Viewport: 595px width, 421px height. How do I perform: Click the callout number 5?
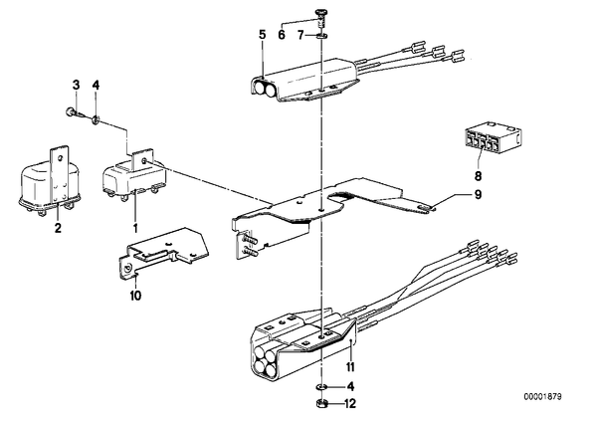[x=263, y=35]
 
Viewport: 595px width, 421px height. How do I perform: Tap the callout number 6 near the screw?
[x=282, y=35]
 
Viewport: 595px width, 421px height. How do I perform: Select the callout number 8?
[x=478, y=176]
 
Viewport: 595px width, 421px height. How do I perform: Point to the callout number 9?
[x=478, y=194]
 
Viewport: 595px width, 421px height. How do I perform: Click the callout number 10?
[x=135, y=296]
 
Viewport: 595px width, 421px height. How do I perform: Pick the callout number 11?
[x=350, y=367]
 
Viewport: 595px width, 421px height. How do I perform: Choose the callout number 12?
[x=350, y=403]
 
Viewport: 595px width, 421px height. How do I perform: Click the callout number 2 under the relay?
[x=58, y=228]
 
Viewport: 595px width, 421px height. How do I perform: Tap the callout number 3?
[x=77, y=85]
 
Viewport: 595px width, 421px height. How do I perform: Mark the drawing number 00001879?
[x=542, y=397]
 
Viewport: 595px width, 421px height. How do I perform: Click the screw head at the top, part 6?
[x=320, y=14]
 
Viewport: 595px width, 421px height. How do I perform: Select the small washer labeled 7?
[x=322, y=36]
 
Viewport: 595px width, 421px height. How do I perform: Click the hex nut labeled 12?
[x=320, y=403]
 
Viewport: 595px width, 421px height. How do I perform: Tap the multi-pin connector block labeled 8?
[x=493, y=139]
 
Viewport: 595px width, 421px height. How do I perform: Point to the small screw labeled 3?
[x=72, y=112]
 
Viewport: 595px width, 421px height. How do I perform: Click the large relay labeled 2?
[x=50, y=181]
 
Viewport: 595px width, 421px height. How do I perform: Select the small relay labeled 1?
[x=134, y=175]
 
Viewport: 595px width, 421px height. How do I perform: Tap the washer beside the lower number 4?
[x=320, y=387]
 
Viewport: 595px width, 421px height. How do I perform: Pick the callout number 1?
[x=135, y=228]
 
